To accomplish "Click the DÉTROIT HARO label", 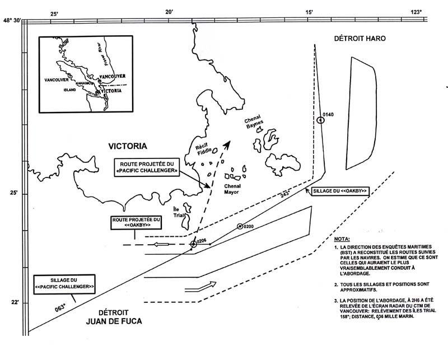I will tap(360, 38).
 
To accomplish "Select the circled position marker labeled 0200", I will tap(240, 226).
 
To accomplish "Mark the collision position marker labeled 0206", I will tap(194, 244).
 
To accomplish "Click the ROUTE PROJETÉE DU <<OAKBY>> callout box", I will tap(136, 223).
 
